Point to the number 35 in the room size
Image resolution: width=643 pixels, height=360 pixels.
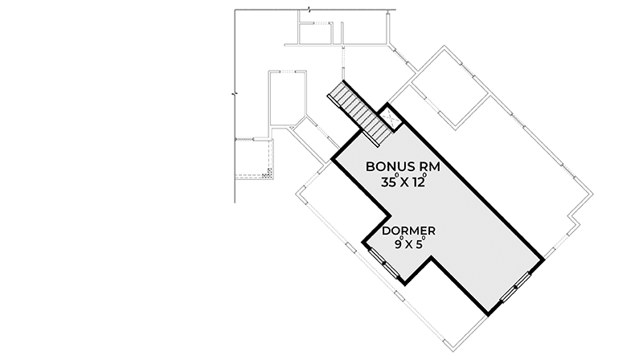point(388,182)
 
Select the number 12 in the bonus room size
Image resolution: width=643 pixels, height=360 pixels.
point(419,182)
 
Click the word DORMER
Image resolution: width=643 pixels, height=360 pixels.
point(408,231)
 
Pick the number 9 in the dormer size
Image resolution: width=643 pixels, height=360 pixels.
point(398,245)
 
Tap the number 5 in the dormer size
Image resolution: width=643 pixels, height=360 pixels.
point(418,245)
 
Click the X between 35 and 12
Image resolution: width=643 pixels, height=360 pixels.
point(404,183)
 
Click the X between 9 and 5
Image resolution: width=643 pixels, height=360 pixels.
point(408,245)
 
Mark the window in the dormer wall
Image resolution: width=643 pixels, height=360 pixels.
point(384,264)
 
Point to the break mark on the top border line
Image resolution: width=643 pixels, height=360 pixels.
point(309,9)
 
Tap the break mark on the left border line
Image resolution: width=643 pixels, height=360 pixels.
point(234,94)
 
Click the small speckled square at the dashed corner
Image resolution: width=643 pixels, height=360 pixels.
point(269,173)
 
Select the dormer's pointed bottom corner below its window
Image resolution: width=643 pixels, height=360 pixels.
point(404,284)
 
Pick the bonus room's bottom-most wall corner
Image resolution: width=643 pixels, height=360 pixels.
point(489,315)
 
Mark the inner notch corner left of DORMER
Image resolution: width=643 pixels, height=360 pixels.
point(389,214)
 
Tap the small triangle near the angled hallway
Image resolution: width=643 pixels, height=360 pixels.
point(292,129)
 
